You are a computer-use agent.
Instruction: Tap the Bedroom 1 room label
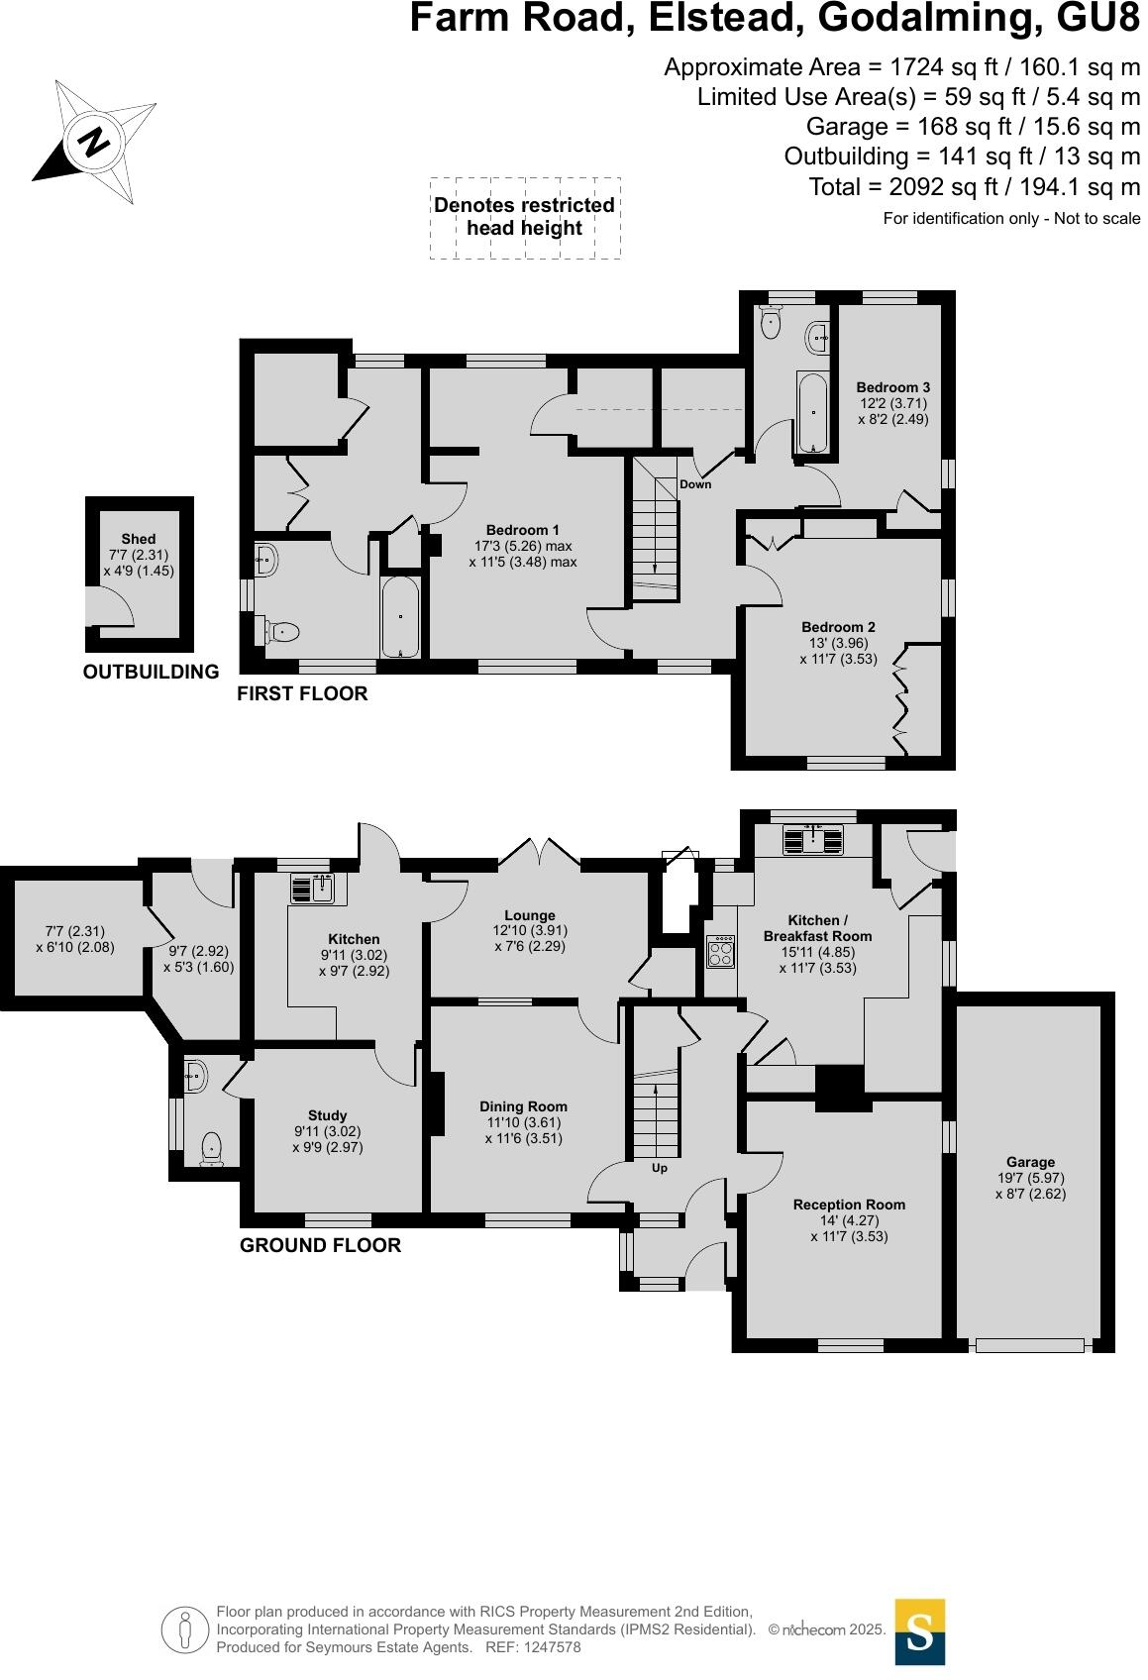pos(522,530)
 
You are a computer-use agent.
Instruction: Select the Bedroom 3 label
pos(892,387)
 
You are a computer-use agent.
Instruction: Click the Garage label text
pos(1030,1162)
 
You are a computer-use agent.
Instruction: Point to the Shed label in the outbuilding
pos(139,539)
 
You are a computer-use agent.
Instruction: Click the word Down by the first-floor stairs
pos(695,484)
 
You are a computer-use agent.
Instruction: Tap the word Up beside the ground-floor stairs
pos(659,1168)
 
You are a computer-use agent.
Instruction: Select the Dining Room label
pos(523,1106)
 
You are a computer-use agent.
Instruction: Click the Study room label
pos(327,1115)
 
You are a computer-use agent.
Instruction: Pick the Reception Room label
pos(849,1205)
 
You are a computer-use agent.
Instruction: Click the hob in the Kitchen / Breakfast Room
pos(720,952)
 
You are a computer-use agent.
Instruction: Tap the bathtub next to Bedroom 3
pos(812,412)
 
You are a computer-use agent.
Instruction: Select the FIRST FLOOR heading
pos(302,694)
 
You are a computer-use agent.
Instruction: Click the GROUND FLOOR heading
pos(320,1245)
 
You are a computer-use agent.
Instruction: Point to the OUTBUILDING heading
pos(151,672)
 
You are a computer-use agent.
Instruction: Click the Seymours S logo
pos(919,1631)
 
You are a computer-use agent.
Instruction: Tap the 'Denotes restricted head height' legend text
pos(524,217)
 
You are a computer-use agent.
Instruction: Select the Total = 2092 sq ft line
pos(974,186)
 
